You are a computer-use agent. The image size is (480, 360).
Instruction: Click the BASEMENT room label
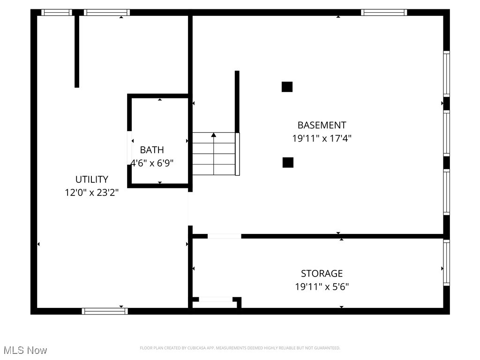tap(322, 125)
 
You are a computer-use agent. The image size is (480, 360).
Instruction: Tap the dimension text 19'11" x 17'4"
tap(322, 138)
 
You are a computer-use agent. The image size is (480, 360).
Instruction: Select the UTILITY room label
tap(92, 179)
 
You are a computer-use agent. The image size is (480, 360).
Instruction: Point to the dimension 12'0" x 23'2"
tap(92, 192)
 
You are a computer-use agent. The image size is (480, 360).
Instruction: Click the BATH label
tap(152, 150)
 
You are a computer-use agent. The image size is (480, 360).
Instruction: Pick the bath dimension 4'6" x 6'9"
tap(152, 163)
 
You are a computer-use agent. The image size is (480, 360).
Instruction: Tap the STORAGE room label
tap(322, 273)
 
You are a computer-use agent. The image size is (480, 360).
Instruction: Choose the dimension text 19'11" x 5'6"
tap(322, 286)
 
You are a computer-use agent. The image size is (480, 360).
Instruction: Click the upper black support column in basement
tap(287, 87)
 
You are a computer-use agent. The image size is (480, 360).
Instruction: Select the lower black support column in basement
tap(288, 162)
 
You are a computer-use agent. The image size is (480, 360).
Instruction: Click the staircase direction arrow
tap(214, 135)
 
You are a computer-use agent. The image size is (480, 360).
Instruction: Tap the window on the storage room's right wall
tap(446, 262)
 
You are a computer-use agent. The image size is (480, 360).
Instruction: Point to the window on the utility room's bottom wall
tap(105, 311)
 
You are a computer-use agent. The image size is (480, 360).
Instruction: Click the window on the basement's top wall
tap(383, 13)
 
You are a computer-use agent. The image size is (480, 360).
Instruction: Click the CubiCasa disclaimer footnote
tap(240, 348)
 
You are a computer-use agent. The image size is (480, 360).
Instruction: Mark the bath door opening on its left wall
tap(130, 148)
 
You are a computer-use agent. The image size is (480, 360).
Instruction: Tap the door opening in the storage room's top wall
tap(224, 236)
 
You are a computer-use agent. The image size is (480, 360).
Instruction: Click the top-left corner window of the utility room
tap(56, 13)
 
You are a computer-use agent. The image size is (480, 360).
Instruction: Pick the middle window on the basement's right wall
tap(446, 133)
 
